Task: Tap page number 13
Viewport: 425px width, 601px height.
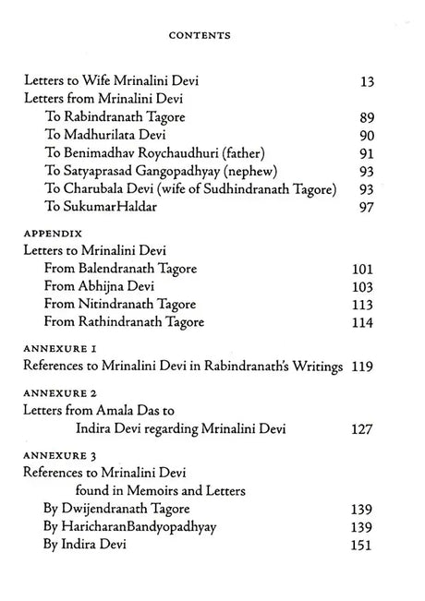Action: (x=364, y=81)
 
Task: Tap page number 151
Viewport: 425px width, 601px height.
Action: (x=360, y=545)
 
